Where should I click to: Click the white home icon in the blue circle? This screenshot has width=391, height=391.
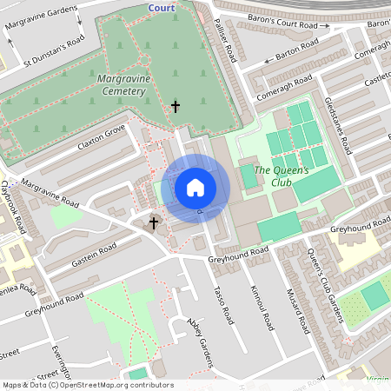click(195, 188)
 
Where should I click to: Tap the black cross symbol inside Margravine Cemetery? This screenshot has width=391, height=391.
click(176, 107)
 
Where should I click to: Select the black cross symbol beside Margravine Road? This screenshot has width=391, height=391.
click(154, 223)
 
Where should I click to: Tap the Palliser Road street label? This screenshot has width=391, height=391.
click(226, 42)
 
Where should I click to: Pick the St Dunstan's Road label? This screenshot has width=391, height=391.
click(54, 52)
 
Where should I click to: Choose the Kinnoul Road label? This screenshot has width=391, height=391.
click(262, 308)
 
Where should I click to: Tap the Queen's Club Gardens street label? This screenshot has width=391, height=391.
click(324, 286)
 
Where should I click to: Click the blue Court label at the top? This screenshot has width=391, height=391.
click(161, 8)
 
